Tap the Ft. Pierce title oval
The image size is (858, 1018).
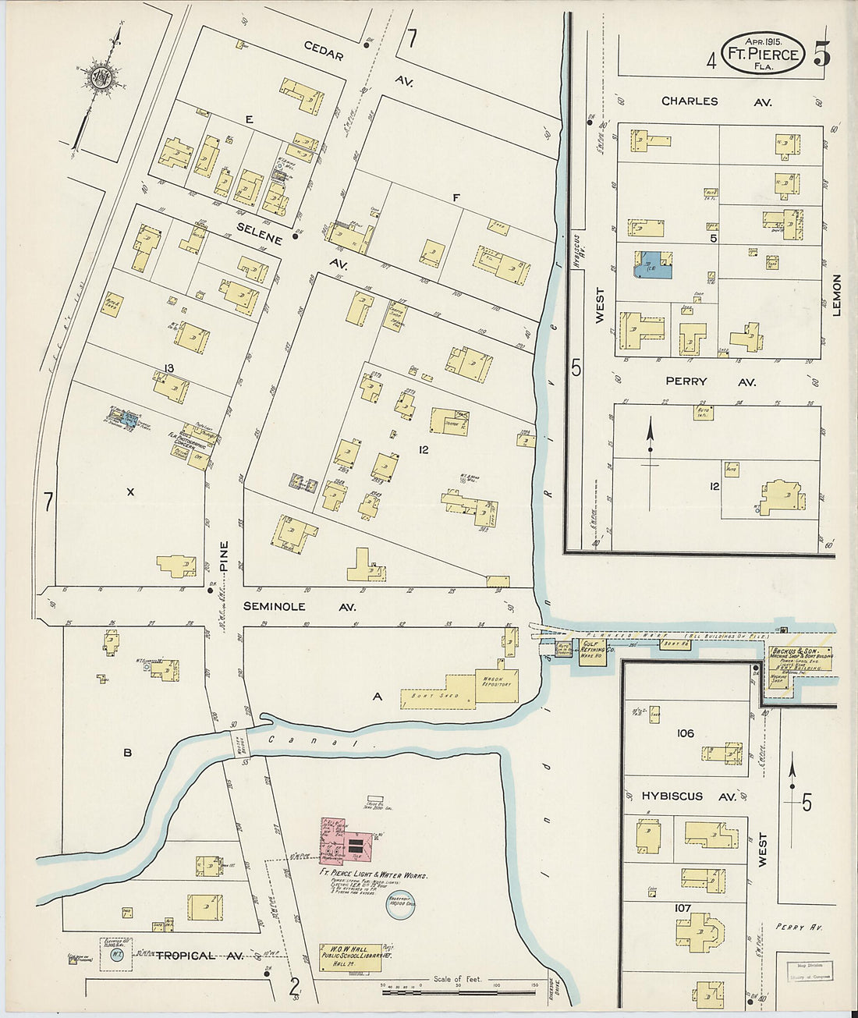point(762,54)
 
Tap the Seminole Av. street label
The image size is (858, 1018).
point(273,606)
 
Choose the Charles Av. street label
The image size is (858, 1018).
point(690,101)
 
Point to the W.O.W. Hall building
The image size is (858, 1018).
point(350,957)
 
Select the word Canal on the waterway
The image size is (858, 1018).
point(310,742)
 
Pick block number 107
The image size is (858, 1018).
point(684,908)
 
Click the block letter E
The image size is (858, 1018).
point(249,119)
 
